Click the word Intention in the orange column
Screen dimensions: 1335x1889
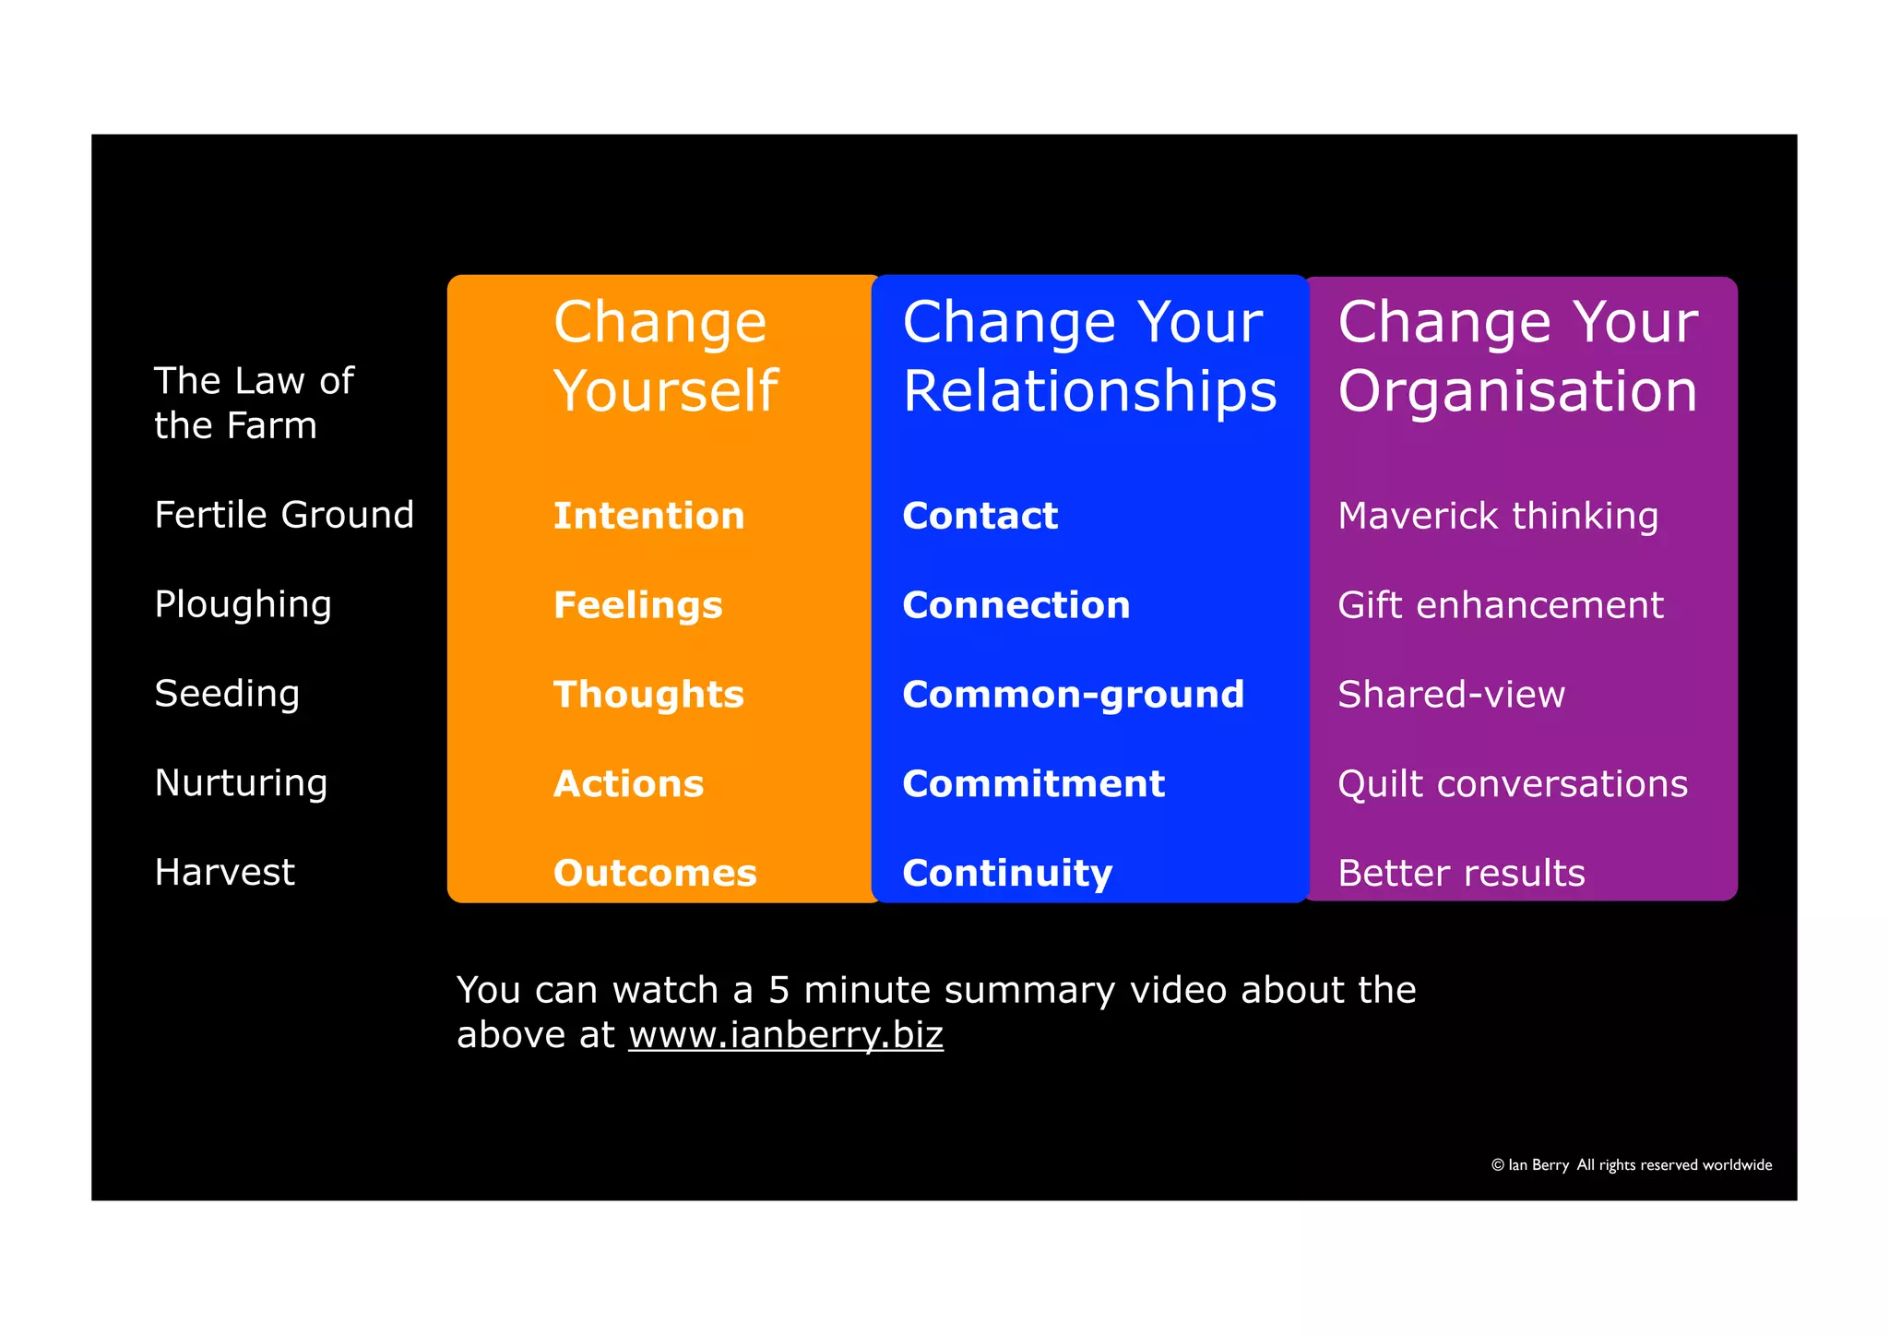(x=648, y=516)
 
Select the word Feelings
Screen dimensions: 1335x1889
(x=637, y=605)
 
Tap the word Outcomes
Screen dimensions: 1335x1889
(x=655, y=873)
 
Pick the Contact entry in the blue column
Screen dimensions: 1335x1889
(x=980, y=516)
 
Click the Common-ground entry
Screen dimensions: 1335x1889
(x=1073, y=695)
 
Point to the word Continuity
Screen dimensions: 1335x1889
(x=1007, y=873)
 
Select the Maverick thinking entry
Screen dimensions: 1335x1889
(x=1498, y=516)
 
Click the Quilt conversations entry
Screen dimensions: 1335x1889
(x=1513, y=784)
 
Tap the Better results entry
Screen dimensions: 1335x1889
(x=1461, y=873)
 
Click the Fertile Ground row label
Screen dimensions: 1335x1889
(x=284, y=515)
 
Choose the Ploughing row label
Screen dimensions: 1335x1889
(x=243, y=604)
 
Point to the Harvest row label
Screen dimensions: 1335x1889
(x=224, y=872)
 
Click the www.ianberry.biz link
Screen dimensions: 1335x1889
(x=786, y=1035)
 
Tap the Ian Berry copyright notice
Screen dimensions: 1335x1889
(x=1631, y=1165)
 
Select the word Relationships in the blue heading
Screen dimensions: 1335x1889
(x=1089, y=391)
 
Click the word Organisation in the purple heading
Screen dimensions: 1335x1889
(x=1517, y=391)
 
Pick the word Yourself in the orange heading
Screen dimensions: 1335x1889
(x=666, y=391)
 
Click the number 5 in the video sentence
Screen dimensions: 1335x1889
(x=778, y=990)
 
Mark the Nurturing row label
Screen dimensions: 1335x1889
(x=241, y=783)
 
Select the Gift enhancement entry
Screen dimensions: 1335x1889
(x=1500, y=605)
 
